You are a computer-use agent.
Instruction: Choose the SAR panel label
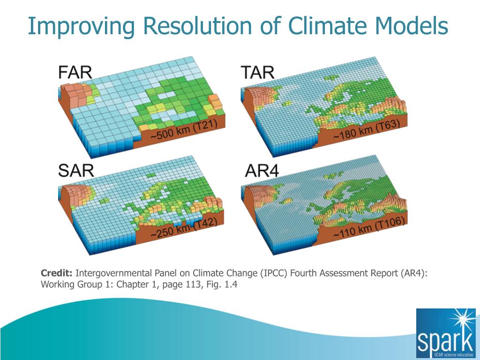(76, 170)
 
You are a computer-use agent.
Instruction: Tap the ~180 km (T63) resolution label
(366, 131)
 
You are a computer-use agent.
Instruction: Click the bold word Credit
(57, 273)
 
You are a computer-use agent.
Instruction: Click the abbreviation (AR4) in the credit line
(413, 273)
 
